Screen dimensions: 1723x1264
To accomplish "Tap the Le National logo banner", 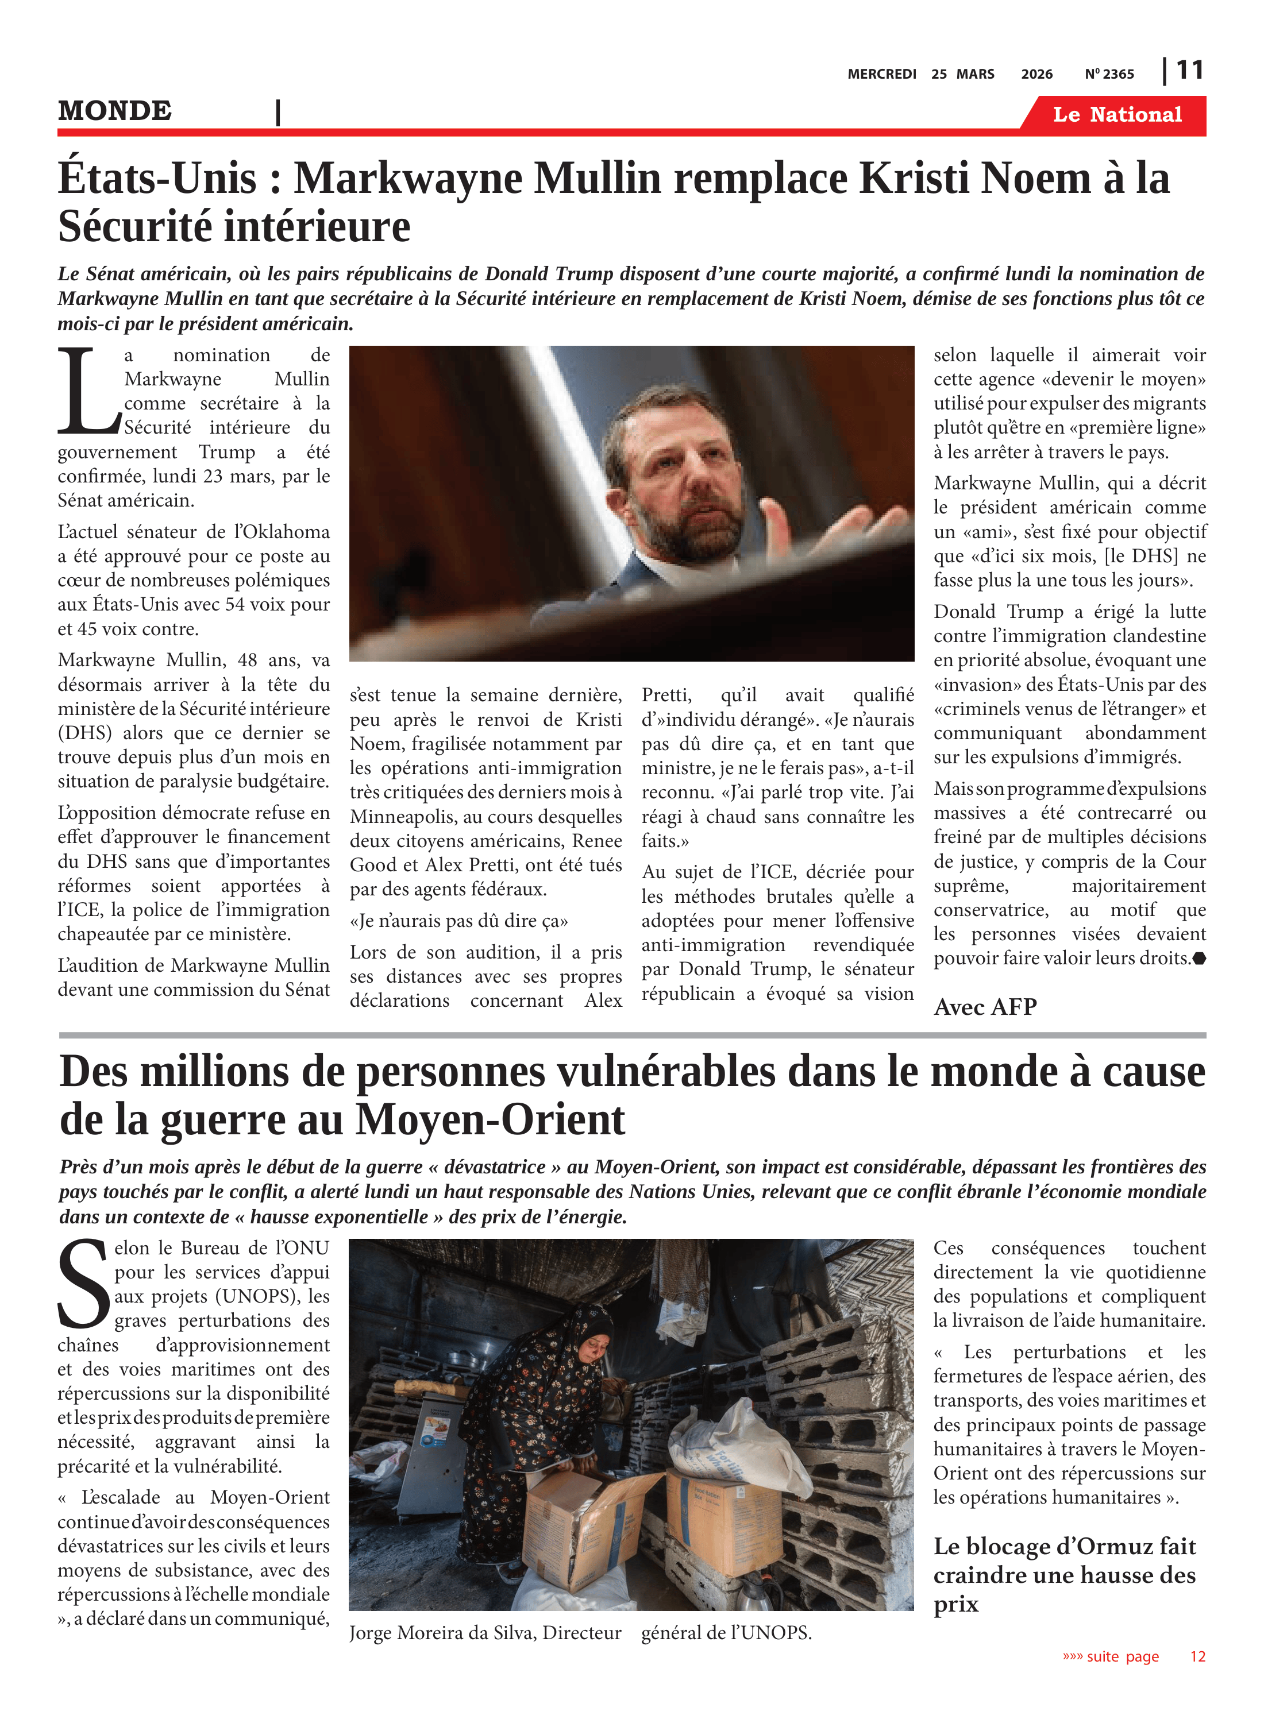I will [1116, 115].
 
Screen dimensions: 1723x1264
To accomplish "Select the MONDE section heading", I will [115, 111].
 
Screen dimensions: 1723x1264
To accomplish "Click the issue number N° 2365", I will [1109, 74].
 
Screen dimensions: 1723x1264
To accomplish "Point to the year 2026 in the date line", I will [1036, 74].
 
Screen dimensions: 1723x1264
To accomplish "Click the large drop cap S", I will [83, 1284].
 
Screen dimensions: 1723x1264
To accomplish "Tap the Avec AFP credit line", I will [985, 1006].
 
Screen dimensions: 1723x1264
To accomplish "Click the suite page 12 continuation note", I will [1133, 1656].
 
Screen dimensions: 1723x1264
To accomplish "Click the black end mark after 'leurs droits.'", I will [1199, 958].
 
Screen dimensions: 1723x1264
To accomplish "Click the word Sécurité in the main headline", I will [133, 227].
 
